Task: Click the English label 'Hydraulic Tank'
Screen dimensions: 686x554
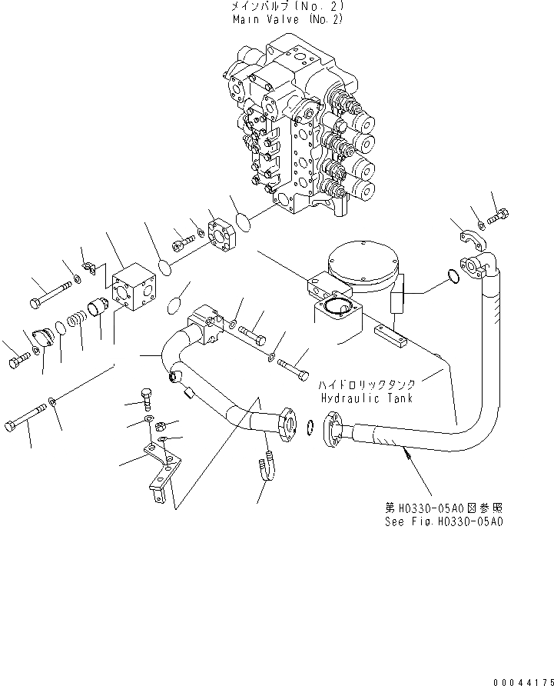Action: tap(367, 398)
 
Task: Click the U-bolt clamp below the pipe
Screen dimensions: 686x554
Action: tap(264, 467)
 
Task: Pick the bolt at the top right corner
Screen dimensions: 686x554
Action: tap(497, 211)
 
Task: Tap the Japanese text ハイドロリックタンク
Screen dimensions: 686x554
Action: tap(368, 384)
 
